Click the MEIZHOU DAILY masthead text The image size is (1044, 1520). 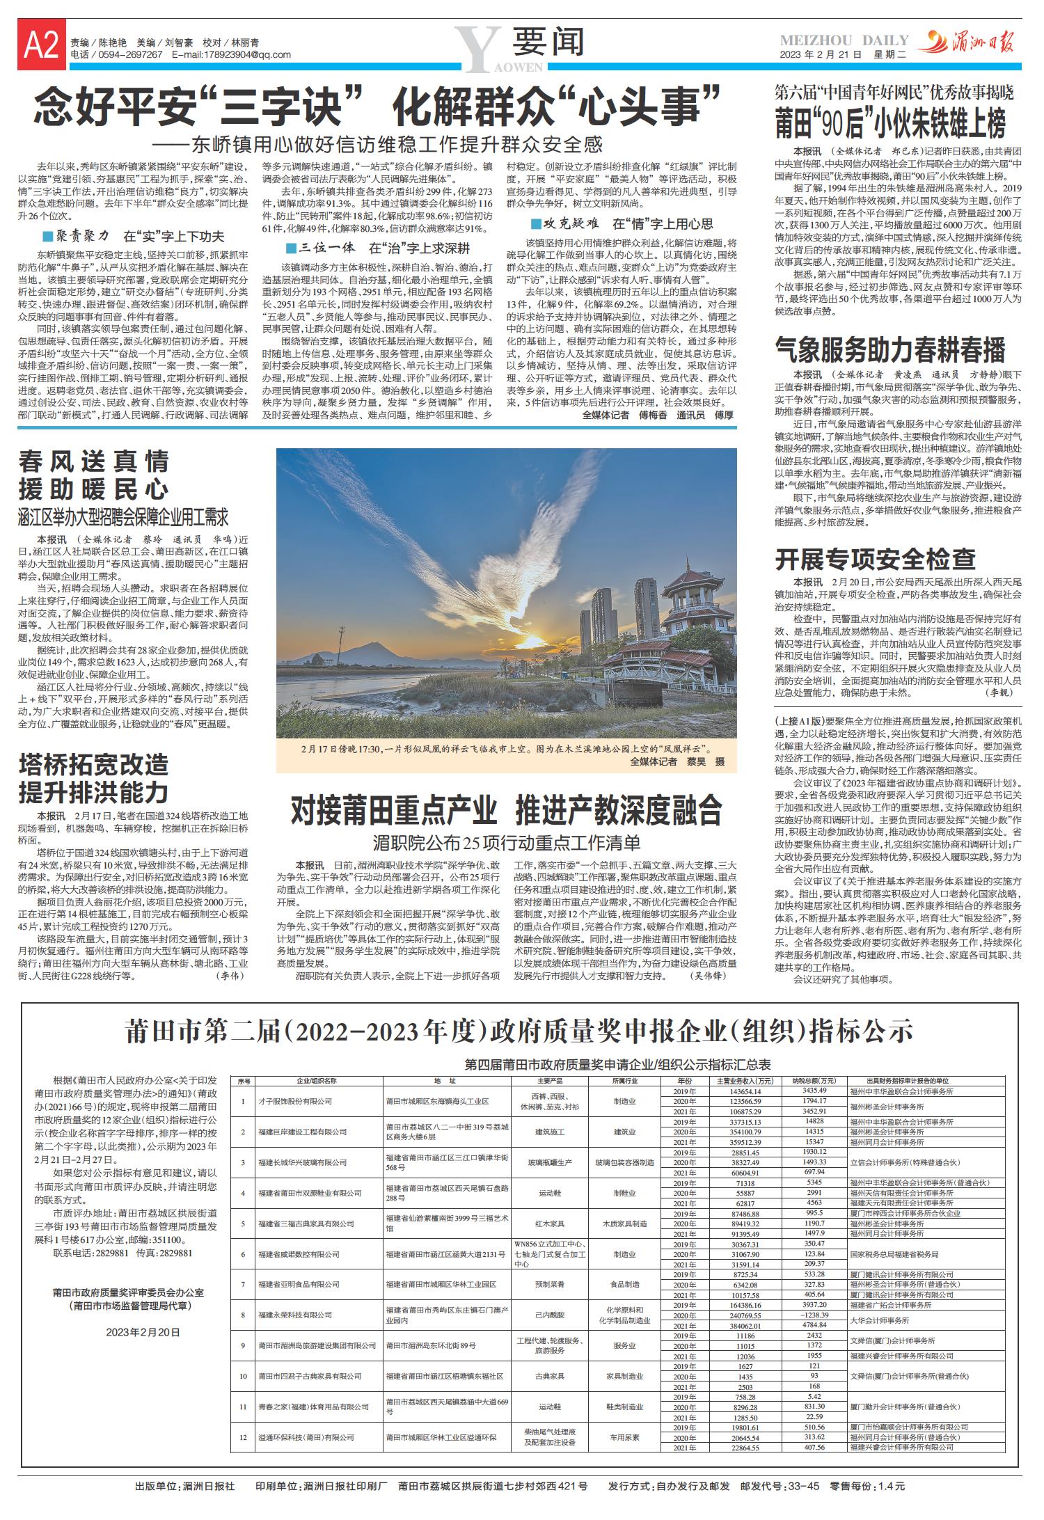(844, 40)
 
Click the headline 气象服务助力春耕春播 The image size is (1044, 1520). (890, 349)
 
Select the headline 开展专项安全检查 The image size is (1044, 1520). (875, 558)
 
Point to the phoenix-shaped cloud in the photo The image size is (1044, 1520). (529, 557)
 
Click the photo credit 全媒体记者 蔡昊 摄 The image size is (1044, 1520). (677, 762)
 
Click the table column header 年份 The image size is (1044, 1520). (684, 1082)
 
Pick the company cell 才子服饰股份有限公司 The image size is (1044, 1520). (285, 1102)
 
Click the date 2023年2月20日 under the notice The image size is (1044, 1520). (143, 1332)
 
